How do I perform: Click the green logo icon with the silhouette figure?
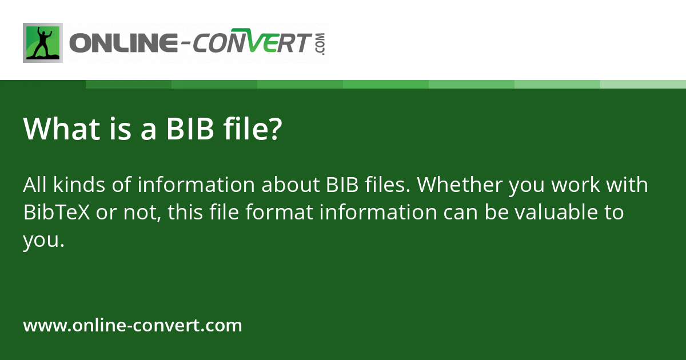tap(43, 43)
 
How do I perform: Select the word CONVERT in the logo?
tap(252, 43)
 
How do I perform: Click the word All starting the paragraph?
tap(34, 185)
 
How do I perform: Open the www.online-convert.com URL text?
tap(133, 326)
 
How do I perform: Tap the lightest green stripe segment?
tap(643, 84)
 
